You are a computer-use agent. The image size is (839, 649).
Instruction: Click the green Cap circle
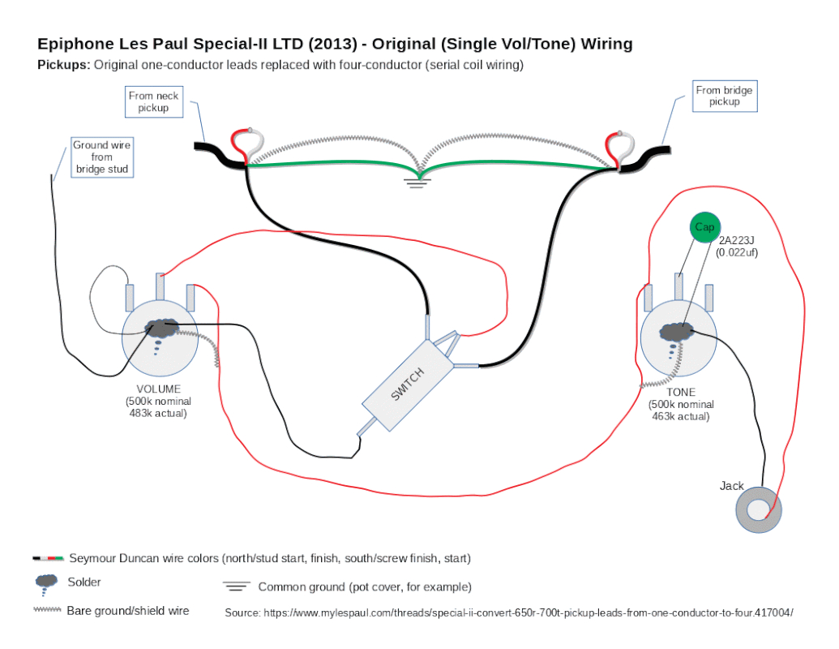tap(704, 228)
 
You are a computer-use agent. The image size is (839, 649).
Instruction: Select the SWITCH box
tap(407, 385)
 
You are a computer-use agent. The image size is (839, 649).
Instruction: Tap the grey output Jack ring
tap(759, 509)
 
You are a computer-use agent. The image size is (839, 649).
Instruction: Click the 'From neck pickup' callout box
tap(154, 101)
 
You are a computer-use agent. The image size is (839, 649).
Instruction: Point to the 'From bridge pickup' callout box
tap(724, 96)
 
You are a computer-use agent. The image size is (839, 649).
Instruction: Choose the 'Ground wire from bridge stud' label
tap(102, 157)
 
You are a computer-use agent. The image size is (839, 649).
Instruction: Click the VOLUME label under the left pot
tap(159, 389)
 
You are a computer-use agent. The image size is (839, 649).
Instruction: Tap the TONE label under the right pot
tap(681, 392)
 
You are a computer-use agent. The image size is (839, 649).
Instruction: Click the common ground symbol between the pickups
tap(418, 180)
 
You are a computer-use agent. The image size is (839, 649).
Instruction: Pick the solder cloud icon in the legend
tap(47, 582)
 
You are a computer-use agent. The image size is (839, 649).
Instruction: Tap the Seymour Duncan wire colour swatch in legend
tap(48, 559)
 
